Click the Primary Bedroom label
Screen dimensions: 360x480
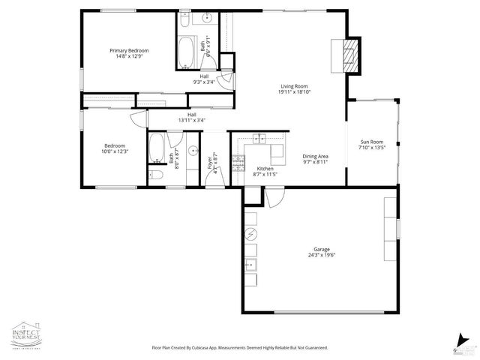pos(132,50)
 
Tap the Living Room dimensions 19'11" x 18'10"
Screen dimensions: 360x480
pos(295,91)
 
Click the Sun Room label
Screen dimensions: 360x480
pos(373,141)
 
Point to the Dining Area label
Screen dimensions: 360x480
pos(316,156)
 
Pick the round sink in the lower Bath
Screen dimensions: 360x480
pos(191,149)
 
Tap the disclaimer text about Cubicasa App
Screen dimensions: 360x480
pos(240,348)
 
